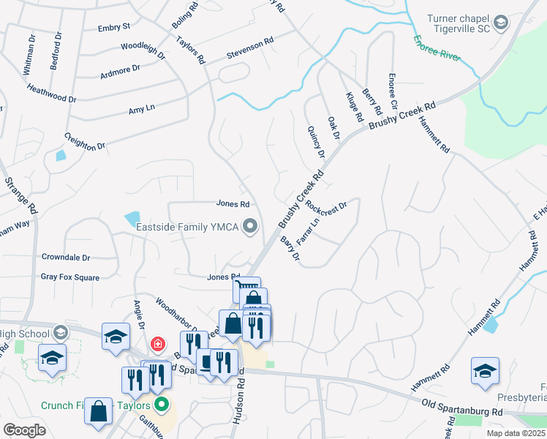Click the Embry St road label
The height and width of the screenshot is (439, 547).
coord(113,26)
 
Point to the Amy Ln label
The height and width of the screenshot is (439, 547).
coord(141,108)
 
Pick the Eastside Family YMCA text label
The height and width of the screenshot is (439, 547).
coord(187,227)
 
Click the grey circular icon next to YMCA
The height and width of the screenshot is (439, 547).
coord(251,226)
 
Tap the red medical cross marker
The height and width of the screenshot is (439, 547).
coord(157,343)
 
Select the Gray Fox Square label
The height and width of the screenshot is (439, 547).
coord(70,277)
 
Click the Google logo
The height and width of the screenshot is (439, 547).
coord(24,430)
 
